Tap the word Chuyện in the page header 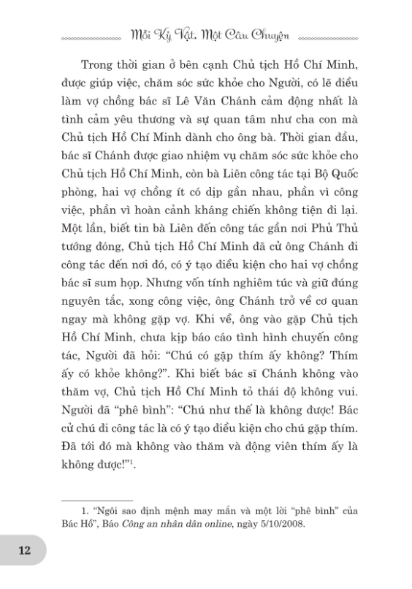point(268,34)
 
